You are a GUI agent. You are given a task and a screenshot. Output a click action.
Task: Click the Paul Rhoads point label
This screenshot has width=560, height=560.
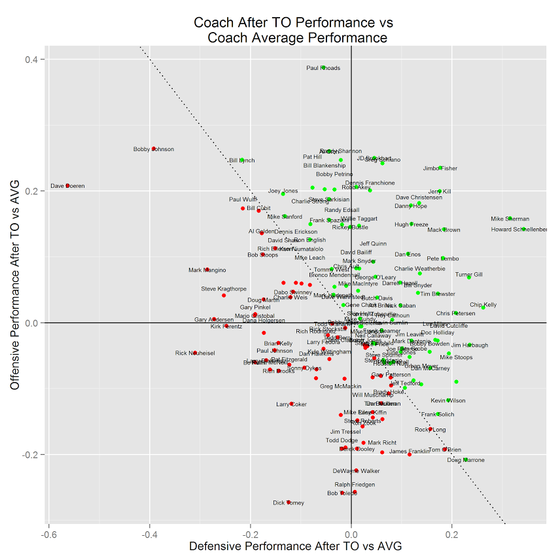323,68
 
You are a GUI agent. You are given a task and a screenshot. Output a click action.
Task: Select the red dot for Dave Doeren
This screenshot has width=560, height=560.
67,186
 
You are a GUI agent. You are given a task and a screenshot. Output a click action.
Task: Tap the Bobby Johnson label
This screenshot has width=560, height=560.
154,149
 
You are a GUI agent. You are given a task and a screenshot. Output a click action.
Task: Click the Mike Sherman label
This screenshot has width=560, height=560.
510,219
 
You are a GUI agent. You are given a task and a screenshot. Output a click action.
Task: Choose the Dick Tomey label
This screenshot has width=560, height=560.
289,502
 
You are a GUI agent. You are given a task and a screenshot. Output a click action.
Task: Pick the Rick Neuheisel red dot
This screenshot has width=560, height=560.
195,353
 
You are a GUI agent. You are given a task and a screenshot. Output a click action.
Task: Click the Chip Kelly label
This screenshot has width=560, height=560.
483,305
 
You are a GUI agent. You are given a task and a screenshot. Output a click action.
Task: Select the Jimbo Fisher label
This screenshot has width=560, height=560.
440,169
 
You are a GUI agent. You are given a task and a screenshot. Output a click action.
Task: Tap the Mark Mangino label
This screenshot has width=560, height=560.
207,270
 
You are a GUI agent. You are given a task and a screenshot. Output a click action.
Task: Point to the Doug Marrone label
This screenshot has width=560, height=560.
466,460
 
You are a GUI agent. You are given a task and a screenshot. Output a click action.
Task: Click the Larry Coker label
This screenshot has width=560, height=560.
291,404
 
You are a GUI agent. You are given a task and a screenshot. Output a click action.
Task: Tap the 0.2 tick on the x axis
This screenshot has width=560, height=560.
452,534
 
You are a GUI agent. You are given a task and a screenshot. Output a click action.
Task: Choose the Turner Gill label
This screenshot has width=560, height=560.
468,275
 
